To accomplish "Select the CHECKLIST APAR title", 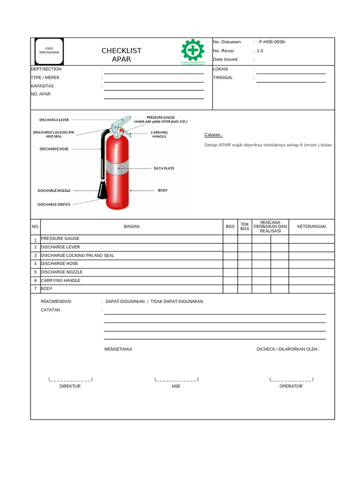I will (x=121, y=55).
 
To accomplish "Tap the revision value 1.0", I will (x=260, y=51).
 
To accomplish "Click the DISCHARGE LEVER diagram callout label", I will (x=54, y=120).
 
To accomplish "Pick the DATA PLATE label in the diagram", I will (x=164, y=168).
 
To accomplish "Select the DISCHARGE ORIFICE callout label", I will (x=54, y=204).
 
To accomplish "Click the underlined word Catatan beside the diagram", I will (x=213, y=135).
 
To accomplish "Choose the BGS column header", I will (x=230, y=226).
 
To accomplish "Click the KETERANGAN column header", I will (x=311, y=226).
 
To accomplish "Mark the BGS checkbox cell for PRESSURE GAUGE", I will (x=230, y=239).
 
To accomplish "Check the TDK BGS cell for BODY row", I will (x=245, y=289).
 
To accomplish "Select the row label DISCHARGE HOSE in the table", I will (x=60, y=264).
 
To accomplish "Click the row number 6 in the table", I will (x=35, y=280).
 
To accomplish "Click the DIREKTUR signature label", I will (x=70, y=386).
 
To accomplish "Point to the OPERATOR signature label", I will (x=291, y=386).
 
